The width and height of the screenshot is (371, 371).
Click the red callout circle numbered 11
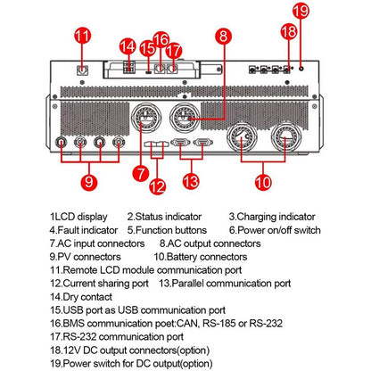coord(82,37)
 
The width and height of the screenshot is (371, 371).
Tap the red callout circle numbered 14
coord(128,45)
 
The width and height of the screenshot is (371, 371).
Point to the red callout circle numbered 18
coord(286,30)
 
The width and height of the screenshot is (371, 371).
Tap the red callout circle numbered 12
coord(157,187)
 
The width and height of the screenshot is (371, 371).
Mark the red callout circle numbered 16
coord(161,39)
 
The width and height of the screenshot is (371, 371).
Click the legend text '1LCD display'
coord(78,217)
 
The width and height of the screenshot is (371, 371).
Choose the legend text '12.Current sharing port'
coord(100,283)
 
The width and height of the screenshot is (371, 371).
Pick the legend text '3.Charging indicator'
coord(272,217)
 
